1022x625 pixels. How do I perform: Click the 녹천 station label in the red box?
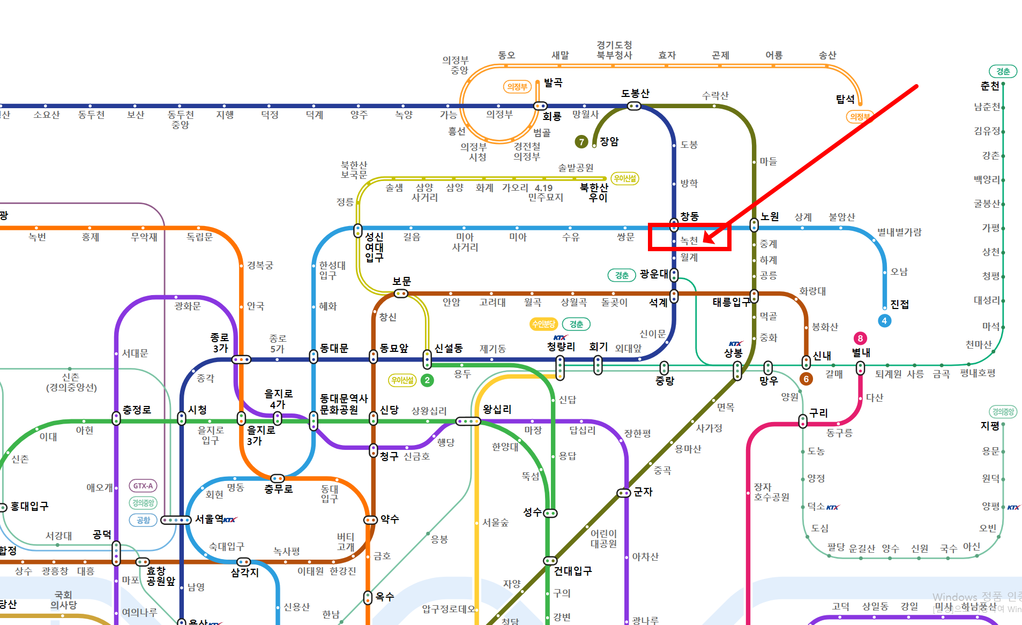pos(689,241)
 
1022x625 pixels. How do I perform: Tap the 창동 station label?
pos(689,216)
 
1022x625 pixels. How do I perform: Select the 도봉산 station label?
pos(635,94)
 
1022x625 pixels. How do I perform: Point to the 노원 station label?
pos(770,217)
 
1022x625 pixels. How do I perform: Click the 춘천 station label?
pos(989,86)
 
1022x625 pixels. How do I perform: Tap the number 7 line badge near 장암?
pos(581,141)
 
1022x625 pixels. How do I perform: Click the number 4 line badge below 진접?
pos(884,321)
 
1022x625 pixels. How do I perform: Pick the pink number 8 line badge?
pos(860,338)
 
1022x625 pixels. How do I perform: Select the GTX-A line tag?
pos(143,486)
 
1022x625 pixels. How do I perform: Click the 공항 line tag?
pos(143,520)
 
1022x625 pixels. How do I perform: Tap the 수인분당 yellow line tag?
pos(543,324)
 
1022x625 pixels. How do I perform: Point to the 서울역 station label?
pos(208,519)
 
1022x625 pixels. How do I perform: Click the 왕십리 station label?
pos(497,410)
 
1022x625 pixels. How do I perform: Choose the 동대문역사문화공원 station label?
pos(344,404)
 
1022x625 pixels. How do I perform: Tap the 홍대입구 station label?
pos(29,507)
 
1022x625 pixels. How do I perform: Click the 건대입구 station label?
pos(572,571)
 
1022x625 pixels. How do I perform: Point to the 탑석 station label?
pos(845,99)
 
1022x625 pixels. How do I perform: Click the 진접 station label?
pos(899,304)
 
